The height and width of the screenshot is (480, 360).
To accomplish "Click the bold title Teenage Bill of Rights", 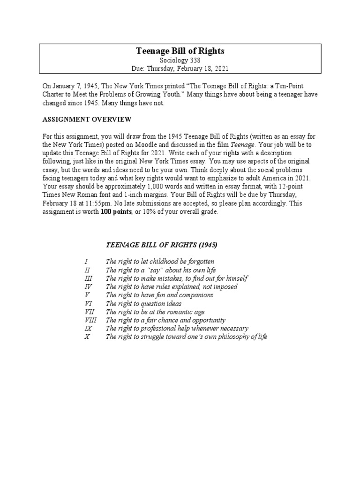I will coord(180,51).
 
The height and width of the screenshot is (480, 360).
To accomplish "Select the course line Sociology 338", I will coord(180,60).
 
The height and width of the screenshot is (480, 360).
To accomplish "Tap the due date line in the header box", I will coord(180,68).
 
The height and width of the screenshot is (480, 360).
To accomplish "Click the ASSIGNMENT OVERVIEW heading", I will coord(87,119).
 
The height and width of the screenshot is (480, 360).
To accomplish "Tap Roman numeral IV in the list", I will coord(88,286).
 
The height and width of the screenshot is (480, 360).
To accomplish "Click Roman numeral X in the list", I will coord(87,337).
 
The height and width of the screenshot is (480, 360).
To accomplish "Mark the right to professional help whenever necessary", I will coord(177,329).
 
